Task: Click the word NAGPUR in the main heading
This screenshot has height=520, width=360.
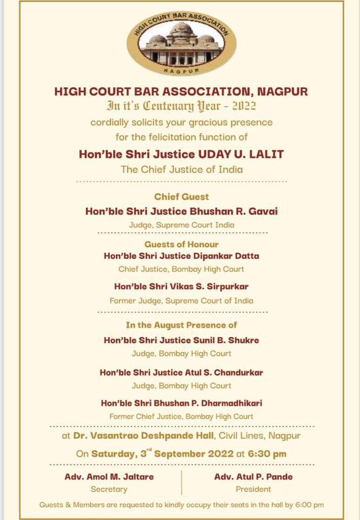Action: click(282, 92)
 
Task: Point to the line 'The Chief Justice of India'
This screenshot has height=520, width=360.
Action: click(181, 169)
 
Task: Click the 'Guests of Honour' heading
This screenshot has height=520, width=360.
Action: click(181, 244)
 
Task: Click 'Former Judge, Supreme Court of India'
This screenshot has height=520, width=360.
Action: click(181, 301)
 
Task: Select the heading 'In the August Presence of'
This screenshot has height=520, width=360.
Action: click(181, 325)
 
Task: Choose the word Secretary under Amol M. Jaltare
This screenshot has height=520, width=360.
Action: click(109, 490)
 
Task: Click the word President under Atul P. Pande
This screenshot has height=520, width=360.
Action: click(253, 490)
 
